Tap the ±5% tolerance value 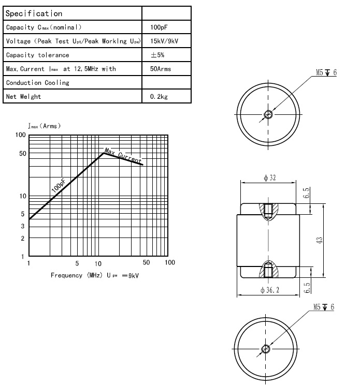point(157,55)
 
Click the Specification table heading point(34,13)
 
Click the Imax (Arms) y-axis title point(44,125)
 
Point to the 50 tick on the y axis point(21,153)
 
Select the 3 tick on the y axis point(23,226)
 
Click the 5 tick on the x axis point(77,263)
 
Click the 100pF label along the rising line point(59,186)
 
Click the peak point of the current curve point(103,153)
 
